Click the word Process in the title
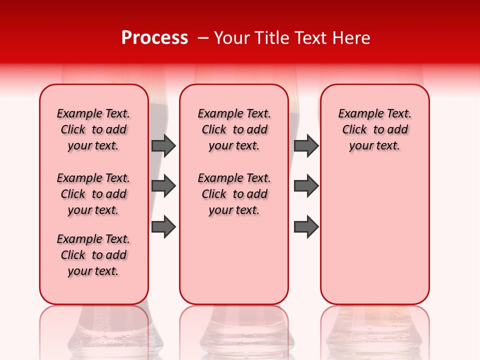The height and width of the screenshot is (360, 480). pos(154,38)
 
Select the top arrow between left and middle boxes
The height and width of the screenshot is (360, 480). pos(163,145)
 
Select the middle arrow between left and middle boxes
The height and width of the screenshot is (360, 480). pos(163,186)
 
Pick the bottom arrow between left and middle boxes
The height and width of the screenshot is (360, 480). pos(163,227)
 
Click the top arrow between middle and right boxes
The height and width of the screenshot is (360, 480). pos(306,145)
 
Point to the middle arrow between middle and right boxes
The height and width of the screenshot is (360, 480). pos(306,186)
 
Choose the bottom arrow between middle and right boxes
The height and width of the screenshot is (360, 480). pos(306,227)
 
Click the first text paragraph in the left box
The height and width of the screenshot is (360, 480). pos(93,129)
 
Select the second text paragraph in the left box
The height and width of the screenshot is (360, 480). pos(93,194)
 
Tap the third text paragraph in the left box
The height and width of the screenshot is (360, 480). pos(93,255)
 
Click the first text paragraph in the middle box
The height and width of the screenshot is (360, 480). pos(234,129)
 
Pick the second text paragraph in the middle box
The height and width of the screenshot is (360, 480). pos(234,194)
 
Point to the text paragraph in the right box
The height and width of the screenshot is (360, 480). pos(374,129)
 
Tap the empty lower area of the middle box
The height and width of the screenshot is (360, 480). pos(234,260)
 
